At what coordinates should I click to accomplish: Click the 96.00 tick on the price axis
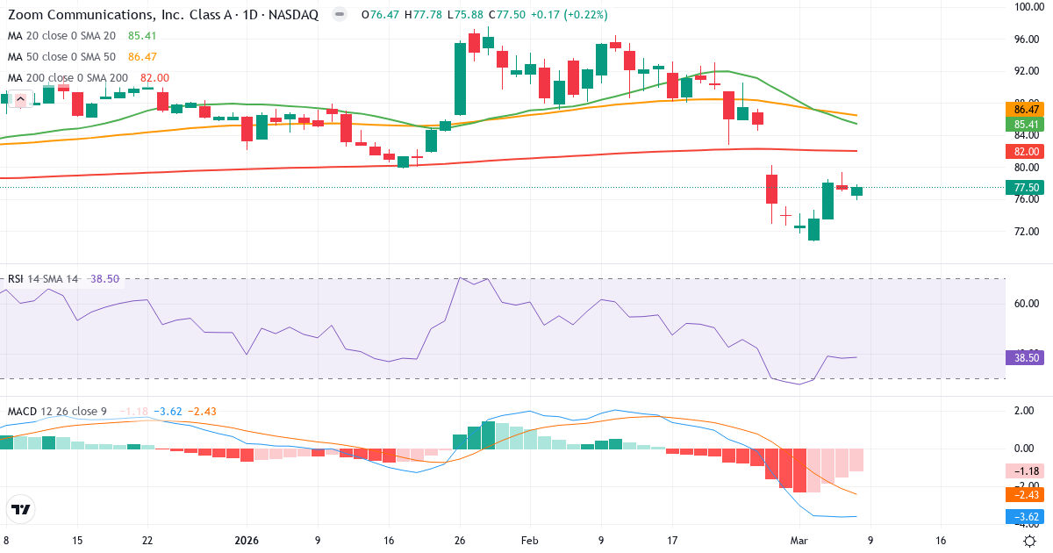(x=1027, y=39)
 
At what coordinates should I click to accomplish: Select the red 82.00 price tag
(x=1027, y=151)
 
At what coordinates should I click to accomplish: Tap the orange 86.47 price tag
(x=1027, y=110)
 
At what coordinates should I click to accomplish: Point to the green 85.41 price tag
(x=1027, y=125)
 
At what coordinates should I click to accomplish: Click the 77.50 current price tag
(x=1027, y=188)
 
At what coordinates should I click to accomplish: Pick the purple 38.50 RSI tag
(x=1027, y=358)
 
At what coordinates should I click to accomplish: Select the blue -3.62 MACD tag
(x=1027, y=517)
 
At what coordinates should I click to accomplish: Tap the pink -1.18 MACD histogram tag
(x=1027, y=471)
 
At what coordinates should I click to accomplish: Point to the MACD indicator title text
(x=22, y=412)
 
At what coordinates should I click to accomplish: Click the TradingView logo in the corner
(x=20, y=509)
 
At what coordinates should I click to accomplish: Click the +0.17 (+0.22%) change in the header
(x=569, y=15)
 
